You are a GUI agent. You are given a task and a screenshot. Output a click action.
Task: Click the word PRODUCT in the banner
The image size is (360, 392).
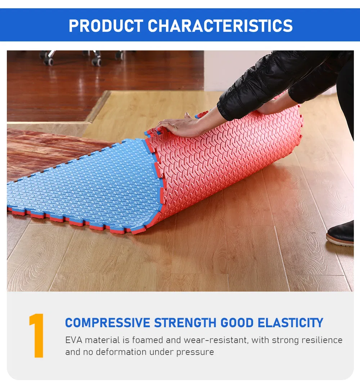tap(106, 26)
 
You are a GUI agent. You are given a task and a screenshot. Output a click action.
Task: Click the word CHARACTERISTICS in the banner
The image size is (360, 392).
tap(220, 26)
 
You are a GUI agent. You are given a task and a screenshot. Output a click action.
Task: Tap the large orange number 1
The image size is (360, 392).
tap(37, 335)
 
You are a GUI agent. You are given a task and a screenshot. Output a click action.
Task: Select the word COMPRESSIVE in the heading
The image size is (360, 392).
tap(108, 323)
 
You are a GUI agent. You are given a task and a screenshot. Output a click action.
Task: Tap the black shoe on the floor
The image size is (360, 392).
tap(341, 234)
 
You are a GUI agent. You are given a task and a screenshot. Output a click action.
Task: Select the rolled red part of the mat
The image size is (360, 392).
tap(230, 158)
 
